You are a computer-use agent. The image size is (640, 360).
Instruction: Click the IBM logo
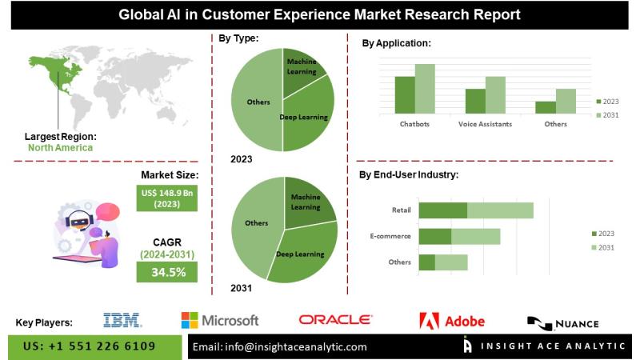coord(122,321)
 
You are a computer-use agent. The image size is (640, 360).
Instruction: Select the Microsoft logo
coord(219,321)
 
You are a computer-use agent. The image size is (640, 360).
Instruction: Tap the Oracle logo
coord(336,320)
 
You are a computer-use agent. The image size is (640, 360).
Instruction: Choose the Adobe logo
coord(452,321)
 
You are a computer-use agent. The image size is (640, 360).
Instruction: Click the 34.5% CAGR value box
coord(169,272)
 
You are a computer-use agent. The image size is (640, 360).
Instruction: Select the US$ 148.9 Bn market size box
coord(169,198)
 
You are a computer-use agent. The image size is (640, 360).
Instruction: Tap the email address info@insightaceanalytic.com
coord(280,346)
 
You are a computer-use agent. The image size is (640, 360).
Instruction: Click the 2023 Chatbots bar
coord(405,94)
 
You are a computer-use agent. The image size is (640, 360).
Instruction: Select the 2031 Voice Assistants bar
coord(495,94)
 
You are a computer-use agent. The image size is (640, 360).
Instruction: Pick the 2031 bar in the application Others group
coord(566,101)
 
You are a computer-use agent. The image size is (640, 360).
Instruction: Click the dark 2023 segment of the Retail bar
coord(443,210)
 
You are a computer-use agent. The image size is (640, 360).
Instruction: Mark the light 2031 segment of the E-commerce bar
coord(476,236)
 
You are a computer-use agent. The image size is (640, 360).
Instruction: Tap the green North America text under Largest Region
coord(60,147)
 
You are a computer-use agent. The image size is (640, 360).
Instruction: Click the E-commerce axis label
coord(390,236)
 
